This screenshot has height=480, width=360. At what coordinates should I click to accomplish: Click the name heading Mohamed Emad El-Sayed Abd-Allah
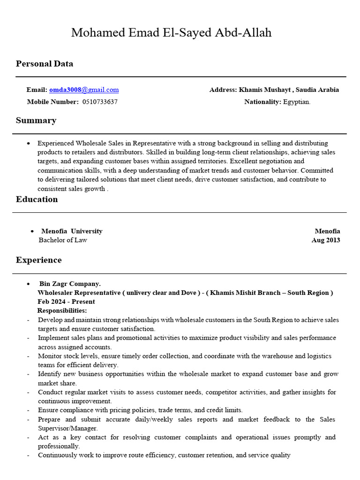click(x=171, y=33)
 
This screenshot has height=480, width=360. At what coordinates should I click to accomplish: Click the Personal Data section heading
click(x=45, y=64)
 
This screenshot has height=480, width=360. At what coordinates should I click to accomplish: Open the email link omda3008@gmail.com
click(x=84, y=90)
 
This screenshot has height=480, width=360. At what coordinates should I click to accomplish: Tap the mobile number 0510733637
click(x=100, y=102)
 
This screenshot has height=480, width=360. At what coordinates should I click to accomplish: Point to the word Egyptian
click(x=297, y=102)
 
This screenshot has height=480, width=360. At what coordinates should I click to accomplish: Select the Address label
click(x=223, y=90)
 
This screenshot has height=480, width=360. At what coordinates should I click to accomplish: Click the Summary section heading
click(x=36, y=120)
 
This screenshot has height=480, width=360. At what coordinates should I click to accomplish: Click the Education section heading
click(x=37, y=199)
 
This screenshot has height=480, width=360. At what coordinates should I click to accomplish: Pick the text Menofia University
click(x=72, y=231)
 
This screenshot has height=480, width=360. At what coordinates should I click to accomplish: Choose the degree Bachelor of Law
click(x=63, y=240)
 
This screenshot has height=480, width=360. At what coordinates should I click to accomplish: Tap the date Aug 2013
click(x=326, y=240)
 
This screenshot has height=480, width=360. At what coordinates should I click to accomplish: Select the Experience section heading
click(x=39, y=260)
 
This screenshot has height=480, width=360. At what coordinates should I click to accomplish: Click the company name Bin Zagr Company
click(x=70, y=284)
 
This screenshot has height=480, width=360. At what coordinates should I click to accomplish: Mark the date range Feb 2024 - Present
click(x=66, y=301)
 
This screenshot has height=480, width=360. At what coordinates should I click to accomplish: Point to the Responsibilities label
click(x=62, y=310)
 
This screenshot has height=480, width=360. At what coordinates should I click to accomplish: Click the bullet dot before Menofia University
click(x=32, y=232)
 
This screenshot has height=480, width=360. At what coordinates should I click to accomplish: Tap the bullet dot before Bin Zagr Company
click(x=30, y=284)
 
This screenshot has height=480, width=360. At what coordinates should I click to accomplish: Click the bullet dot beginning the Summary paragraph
click(x=30, y=143)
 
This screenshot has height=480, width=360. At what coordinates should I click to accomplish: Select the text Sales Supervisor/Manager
click(x=68, y=428)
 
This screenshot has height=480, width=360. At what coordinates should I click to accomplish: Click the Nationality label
click(x=262, y=102)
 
